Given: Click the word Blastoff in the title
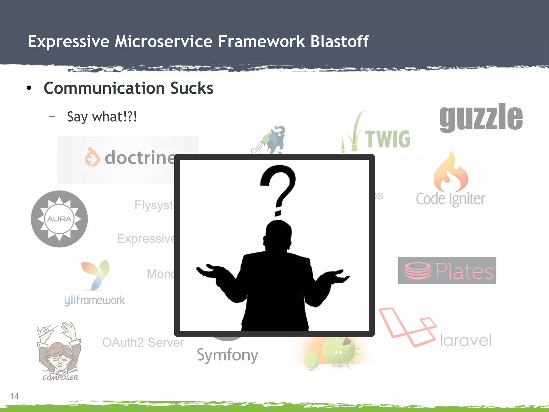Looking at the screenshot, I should (339, 42).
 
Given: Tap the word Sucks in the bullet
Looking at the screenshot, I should (192, 88).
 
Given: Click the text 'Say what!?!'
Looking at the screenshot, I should (102, 117).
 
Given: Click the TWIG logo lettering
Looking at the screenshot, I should (388, 139).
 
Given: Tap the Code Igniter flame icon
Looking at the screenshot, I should (451, 172).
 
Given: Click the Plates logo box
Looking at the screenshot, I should (447, 271).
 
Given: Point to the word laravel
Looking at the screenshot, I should (466, 341).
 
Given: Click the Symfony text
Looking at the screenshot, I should (227, 355).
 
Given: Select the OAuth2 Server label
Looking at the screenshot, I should (143, 342).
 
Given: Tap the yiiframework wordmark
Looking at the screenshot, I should (94, 300).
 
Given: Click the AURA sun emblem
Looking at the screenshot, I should (59, 219).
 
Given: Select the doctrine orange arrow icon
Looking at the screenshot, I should (92, 157).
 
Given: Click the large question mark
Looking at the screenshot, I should (278, 188).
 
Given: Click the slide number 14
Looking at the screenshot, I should (14, 396).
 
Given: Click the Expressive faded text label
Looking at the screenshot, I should (146, 238).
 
